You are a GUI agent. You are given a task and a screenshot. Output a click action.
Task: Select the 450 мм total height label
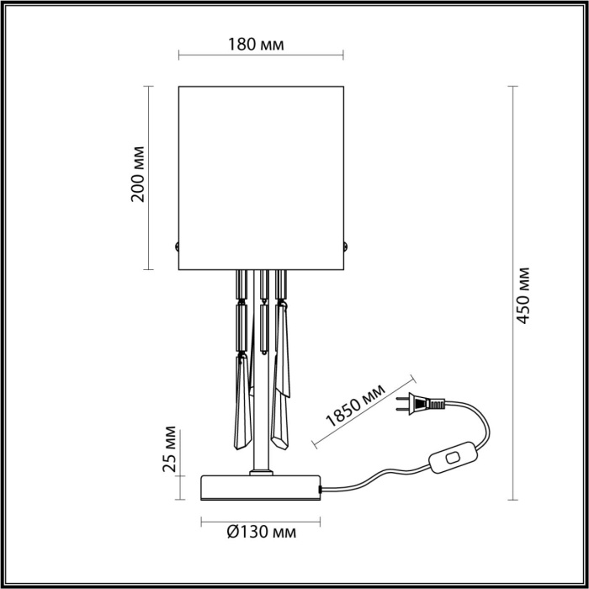524,295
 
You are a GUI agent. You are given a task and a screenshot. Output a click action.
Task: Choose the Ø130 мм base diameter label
262,532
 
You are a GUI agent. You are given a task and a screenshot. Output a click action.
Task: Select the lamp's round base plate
261,487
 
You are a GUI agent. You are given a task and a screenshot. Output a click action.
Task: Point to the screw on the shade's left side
178,246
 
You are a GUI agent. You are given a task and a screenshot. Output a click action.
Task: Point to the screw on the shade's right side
345,246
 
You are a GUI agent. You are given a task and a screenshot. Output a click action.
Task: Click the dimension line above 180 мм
261,56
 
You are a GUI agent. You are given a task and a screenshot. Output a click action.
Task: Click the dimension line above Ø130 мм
261,517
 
